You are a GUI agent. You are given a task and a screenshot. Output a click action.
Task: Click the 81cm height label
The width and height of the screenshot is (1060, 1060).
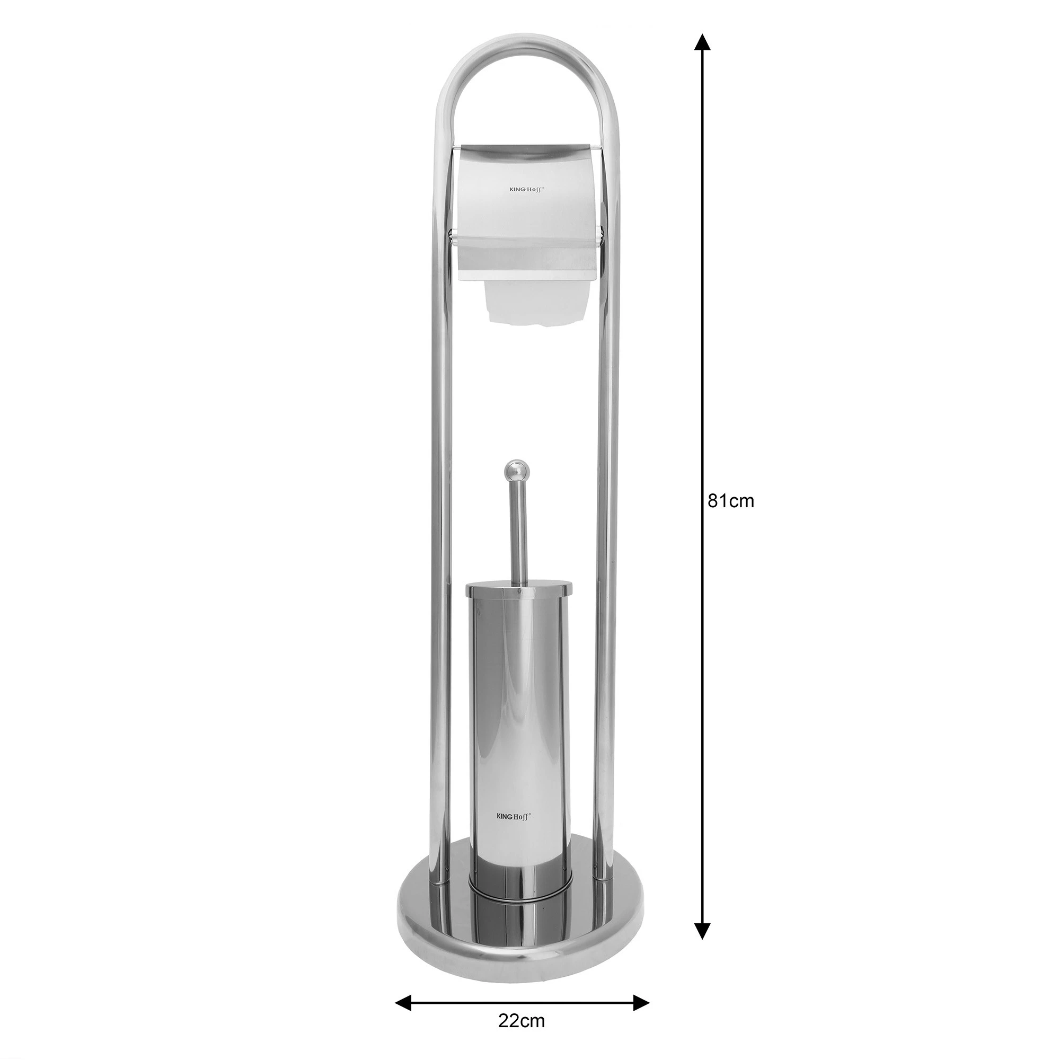(731, 501)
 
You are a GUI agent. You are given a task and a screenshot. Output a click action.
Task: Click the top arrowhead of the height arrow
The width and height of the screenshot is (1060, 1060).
(702, 42)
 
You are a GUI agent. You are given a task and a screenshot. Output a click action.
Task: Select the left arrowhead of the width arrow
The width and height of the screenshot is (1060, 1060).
(404, 957)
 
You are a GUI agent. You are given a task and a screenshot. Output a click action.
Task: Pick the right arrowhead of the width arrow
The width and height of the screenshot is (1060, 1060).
(641, 957)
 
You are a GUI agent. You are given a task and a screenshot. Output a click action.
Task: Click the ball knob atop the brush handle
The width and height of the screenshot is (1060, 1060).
(514, 470)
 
